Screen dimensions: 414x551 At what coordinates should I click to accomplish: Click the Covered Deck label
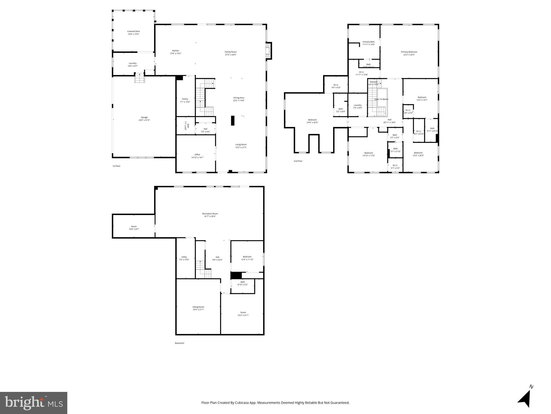click(x=134, y=32)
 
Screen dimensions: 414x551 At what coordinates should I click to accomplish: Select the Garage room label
click(x=144, y=118)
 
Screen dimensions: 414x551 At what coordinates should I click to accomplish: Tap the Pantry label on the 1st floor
click(x=185, y=99)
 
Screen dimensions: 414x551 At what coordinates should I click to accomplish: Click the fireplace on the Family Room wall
click(x=268, y=51)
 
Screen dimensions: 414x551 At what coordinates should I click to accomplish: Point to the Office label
click(x=197, y=155)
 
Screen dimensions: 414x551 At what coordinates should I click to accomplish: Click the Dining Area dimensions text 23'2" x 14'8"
click(x=239, y=101)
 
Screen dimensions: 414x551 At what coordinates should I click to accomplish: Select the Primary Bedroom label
click(x=409, y=52)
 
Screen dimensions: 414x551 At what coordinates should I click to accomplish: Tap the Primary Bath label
click(x=368, y=42)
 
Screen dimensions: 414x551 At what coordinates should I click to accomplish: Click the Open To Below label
click(x=381, y=99)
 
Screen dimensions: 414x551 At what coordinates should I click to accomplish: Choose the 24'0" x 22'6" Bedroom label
click(x=312, y=120)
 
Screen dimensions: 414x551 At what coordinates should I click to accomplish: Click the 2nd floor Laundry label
click(x=357, y=105)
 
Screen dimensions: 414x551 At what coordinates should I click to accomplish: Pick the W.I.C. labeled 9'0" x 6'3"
click(x=336, y=85)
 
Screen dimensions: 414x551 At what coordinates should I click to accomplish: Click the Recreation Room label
click(x=210, y=214)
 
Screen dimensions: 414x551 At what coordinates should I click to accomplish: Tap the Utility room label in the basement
click(x=184, y=257)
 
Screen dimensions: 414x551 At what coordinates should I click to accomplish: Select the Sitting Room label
click(x=198, y=307)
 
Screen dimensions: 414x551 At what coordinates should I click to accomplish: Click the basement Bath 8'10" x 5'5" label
click(x=243, y=282)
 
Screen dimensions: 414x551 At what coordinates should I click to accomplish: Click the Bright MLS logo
click(x=34, y=403)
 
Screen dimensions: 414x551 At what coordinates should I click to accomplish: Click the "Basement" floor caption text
click(x=180, y=343)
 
